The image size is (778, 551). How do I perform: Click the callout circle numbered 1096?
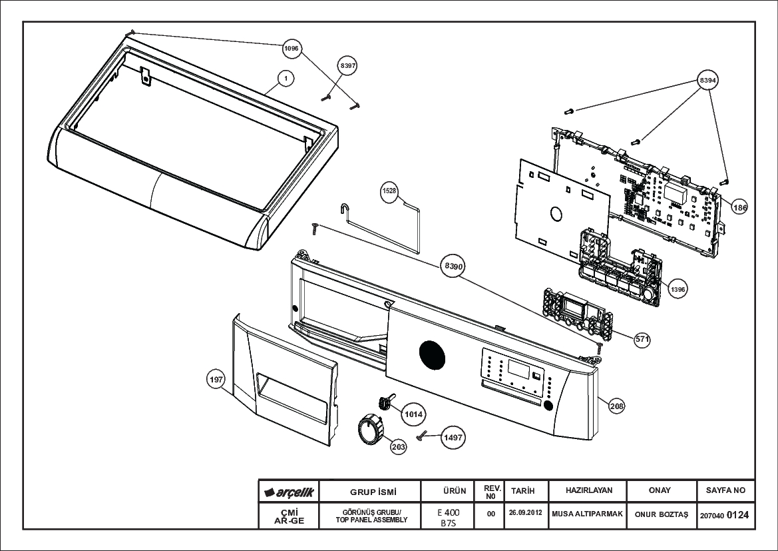pyautogui.click(x=292, y=48)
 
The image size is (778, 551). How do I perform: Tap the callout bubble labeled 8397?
pyautogui.click(x=347, y=65)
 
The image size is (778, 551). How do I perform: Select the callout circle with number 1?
pyautogui.click(x=286, y=78)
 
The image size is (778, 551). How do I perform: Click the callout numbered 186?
pyautogui.click(x=739, y=207)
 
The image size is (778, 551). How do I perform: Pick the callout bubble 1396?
pyautogui.click(x=678, y=289)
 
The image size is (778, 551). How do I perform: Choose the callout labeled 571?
pyautogui.click(x=642, y=339)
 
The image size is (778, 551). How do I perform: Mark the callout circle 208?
pyautogui.click(x=617, y=406)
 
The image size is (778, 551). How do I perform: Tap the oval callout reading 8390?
pyautogui.click(x=453, y=267)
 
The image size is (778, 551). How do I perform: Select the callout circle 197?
pyautogui.click(x=216, y=380)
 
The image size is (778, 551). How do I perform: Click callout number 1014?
pyautogui.click(x=413, y=414)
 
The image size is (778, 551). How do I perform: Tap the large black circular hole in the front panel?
pyautogui.click(x=432, y=354)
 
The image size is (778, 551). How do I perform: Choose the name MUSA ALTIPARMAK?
pyautogui.click(x=587, y=514)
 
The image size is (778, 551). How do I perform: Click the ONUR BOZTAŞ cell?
pyautogui.click(x=662, y=514)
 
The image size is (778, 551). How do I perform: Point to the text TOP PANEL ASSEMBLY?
pyautogui.click(x=371, y=520)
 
